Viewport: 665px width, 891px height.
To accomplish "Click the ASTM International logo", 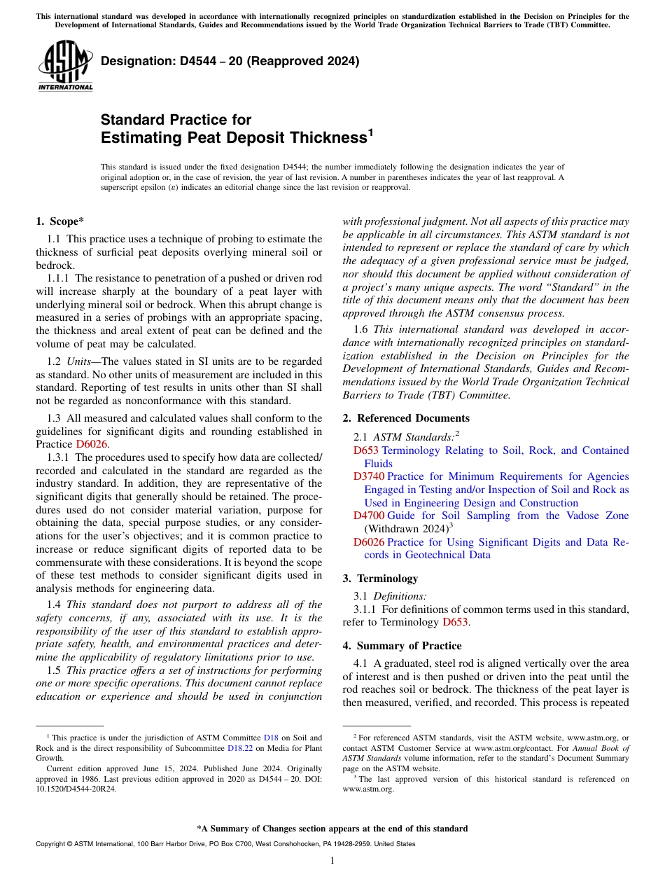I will [65, 67].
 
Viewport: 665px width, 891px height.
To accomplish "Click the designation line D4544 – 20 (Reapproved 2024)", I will [230, 61].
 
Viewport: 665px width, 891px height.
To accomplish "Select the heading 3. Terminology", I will [380, 579].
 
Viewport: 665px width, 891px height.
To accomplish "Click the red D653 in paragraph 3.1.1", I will [455, 621].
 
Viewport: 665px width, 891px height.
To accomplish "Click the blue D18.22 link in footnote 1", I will [240, 747].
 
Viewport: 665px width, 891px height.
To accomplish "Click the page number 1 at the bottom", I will [332, 861].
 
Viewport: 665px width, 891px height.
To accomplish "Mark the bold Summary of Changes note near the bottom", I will [332, 829].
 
